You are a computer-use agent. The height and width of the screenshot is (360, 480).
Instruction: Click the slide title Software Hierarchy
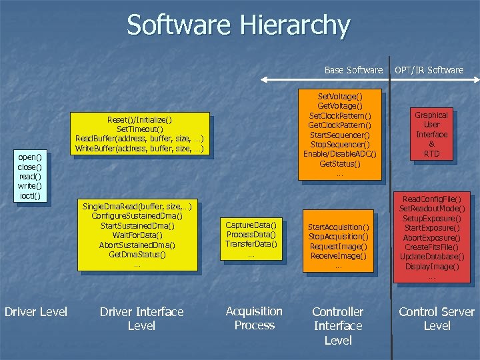238,25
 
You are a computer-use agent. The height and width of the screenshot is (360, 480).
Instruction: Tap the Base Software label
353,69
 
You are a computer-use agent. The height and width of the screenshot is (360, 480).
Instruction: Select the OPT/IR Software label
429,69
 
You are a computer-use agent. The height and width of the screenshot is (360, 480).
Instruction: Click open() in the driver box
30,157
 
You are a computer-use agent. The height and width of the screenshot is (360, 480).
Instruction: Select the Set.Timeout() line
139,129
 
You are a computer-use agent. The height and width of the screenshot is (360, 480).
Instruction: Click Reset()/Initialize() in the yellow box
139,119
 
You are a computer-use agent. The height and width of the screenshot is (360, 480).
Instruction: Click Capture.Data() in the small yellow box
251,225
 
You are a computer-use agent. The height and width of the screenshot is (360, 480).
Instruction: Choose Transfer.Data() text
251,243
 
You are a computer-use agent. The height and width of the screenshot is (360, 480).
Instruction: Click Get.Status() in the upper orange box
340,163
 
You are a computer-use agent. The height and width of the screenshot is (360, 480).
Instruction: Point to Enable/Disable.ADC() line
340,154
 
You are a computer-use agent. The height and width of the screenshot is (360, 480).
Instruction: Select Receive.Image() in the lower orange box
338,256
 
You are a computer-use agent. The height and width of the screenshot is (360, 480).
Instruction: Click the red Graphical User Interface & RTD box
431,134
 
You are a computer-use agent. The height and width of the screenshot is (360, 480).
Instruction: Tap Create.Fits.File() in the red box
431,247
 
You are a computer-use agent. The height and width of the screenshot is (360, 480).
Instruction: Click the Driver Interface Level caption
141,319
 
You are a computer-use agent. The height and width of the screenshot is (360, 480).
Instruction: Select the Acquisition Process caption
254,318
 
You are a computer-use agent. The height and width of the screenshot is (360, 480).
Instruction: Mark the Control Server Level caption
437,319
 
